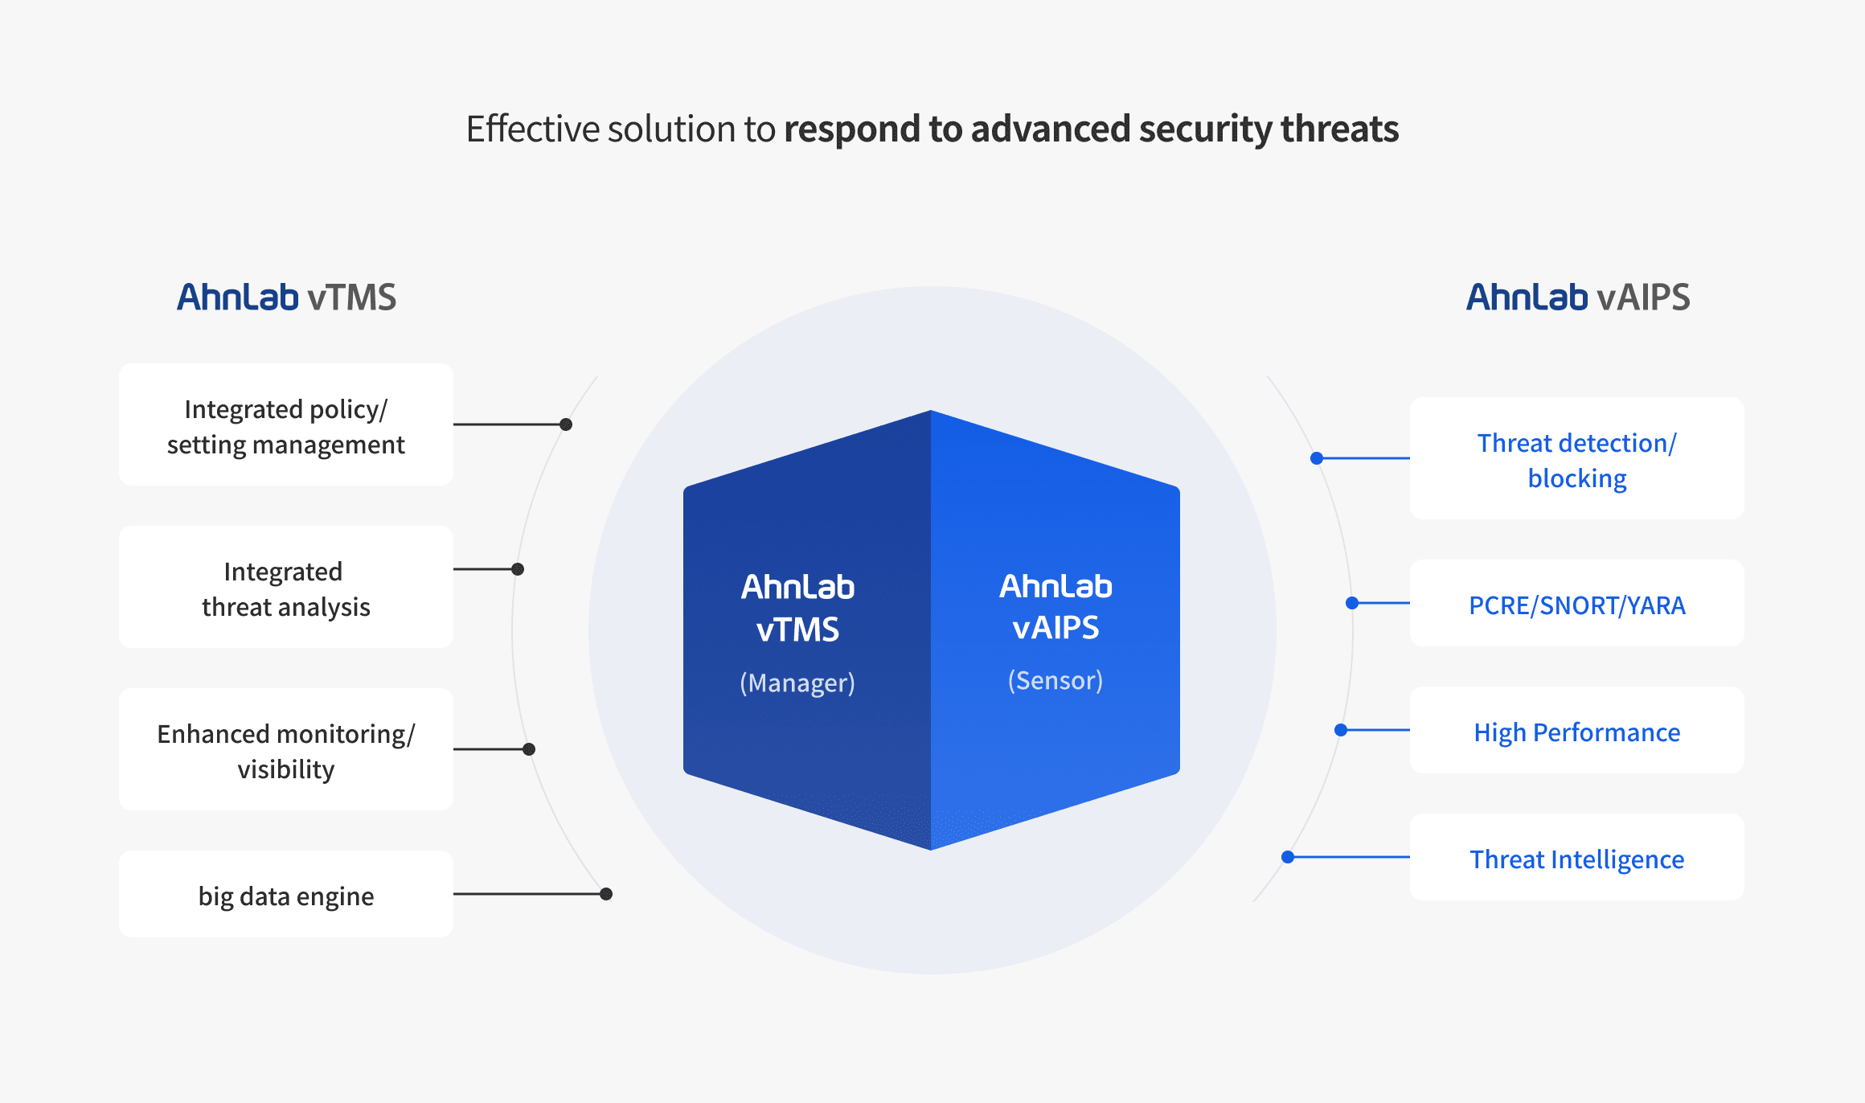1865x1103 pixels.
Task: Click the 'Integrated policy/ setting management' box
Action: tap(286, 424)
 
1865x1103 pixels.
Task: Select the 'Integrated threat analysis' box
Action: tap(286, 587)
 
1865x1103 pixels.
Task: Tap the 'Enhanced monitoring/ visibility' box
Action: tap(286, 749)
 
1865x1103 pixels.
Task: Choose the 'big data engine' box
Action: tap(286, 894)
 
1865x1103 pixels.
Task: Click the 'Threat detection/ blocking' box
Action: tap(1577, 458)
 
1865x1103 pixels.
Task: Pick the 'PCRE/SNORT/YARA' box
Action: tap(1577, 603)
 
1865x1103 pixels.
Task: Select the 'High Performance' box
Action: tap(1577, 730)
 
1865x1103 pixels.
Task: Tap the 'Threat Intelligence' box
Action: tap(1577, 857)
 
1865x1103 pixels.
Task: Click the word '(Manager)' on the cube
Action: tap(797, 683)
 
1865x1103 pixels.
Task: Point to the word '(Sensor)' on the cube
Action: tap(1055, 680)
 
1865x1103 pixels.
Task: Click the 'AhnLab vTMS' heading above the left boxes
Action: tap(286, 297)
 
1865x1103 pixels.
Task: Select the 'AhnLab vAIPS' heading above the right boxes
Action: tap(1578, 297)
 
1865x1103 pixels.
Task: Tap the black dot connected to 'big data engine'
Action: tap(606, 894)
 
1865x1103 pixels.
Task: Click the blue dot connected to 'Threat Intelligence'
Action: tap(1288, 857)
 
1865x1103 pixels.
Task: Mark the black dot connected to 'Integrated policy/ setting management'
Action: tap(566, 424)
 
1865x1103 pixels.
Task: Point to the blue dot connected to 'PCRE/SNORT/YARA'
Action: tap(1352, 603)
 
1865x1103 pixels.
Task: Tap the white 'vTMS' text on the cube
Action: tap(797, 629)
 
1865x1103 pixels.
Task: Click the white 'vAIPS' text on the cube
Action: tap(1055, 627)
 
